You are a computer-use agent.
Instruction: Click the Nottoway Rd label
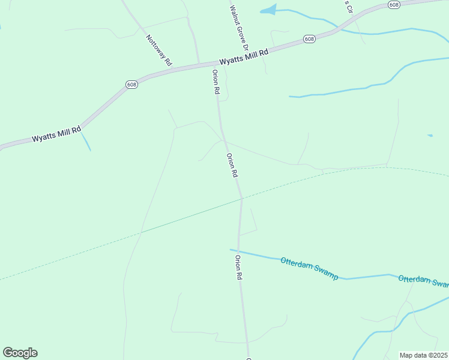(159, 50)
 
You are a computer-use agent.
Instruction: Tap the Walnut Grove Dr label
(239, 28)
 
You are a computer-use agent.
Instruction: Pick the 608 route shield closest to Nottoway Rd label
(132, 85)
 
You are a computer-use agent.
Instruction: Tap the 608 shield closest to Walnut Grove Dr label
(309, 39)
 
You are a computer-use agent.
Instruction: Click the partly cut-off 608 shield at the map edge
(393, 5)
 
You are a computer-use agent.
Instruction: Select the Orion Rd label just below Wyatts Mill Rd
(216, 82)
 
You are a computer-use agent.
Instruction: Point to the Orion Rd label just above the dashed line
(232, 165)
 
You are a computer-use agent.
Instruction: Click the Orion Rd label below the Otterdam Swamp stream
(238, 268)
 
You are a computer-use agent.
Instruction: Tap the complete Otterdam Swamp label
(309, 268)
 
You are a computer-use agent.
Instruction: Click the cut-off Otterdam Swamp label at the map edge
(423, 280)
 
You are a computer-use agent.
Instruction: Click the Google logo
(20, 353)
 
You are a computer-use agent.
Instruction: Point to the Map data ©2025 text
(423, 355)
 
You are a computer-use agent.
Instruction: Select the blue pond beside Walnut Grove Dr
(268, 10)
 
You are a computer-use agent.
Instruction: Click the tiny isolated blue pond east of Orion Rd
(430, 136)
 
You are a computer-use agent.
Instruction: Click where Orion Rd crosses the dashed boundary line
(241, 198)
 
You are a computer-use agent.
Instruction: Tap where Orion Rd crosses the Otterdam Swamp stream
(238, 251)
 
